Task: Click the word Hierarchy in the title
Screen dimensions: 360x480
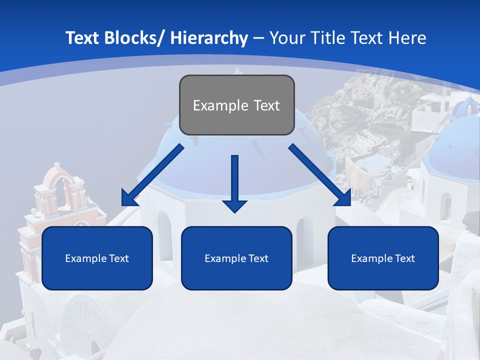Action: click(x=209, y=38)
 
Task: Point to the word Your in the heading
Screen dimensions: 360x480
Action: click(x=286, y=38)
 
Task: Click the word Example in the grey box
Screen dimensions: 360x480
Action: click(x=213, y=105)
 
